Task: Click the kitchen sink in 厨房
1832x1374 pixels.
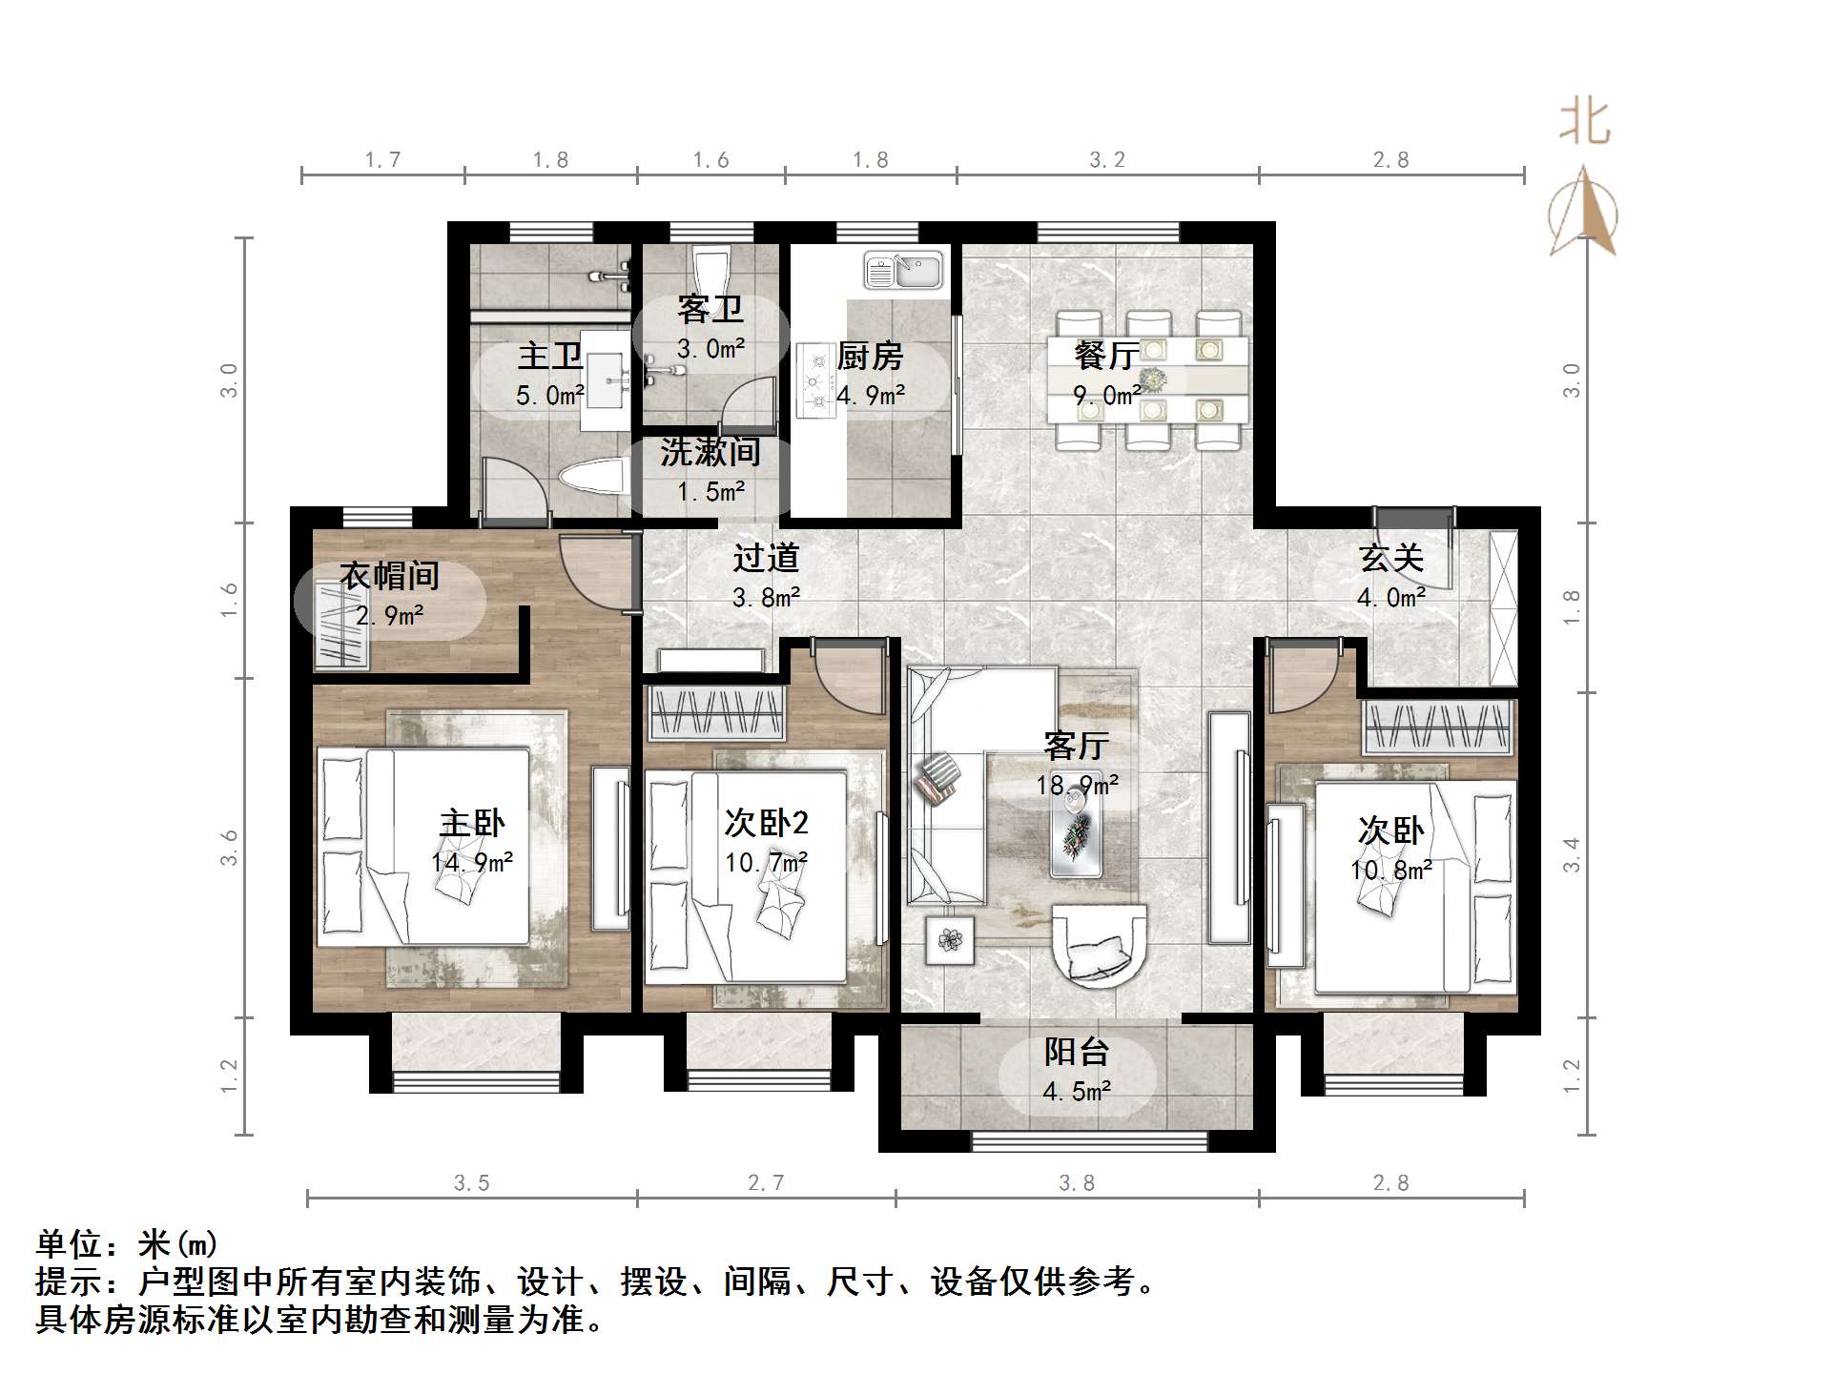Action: pyautogui.click(x=902, y=271)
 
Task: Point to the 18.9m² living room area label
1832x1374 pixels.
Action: pyautogui.click(x=1078, y=785)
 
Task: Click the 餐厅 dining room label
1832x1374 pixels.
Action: pyautogui.click(x=1106, y=356)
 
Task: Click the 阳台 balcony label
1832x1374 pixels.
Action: pyautogui.click(x=1077, y=1052)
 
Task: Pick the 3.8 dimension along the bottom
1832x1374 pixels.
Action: pyautogui.click(x=1077, y=1183)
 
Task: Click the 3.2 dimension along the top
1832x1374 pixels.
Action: pyautogui.click(x=1107, y=160)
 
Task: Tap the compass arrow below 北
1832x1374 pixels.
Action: pyautogui.click(x=1583, y=215)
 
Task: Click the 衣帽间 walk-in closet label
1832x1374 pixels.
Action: pyautogui.click(x=389, y=576)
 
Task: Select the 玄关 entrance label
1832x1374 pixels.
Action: pyautogui.click(x=1391, y=558)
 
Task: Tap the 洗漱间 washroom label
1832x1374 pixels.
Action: pyautogui.click(x=710, y=452)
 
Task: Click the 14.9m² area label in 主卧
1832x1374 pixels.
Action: pyautogui.click(x=472, y=863)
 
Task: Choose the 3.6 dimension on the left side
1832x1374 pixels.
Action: pyautogui.click(x=229, y=848)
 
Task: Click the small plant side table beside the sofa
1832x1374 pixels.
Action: pyautogui.click(x=950, y=939)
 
